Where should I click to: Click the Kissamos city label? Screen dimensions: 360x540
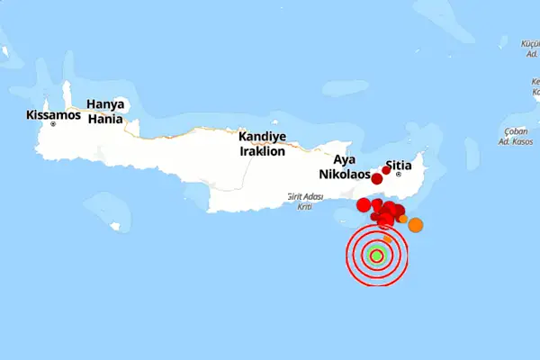pyautogui.click(x=54, y=115)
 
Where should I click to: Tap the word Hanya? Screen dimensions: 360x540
pyautogui.click(x=105, y=103)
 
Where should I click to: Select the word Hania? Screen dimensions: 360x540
pyautogui.click(x=105, y=118)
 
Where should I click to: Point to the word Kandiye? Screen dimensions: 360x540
pyautogui.click(x=262, y=137)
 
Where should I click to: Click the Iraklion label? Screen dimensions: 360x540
pyautogui.click(x=262, y=151)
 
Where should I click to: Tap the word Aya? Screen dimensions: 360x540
pyautogui.click(x=345, y=159)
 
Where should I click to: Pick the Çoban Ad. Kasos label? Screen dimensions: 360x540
pyautogui.click(x=516, y=137)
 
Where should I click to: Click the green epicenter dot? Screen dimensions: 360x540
pyautogui.click(x=377, y=256)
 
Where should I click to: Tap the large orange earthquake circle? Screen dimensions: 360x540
pyautogui.click(x=416, y=225)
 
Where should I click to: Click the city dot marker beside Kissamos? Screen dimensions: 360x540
pyautogui.click(x=54, y=125)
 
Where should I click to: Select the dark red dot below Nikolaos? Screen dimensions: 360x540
pyautogui.click(x=377, y=179)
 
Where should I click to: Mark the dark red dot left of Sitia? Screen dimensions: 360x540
pyautogui.click(x=386, y=169)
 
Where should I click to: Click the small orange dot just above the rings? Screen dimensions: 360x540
pyautogui.click(x=387, y=238)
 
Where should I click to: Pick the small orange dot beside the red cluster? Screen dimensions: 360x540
pyautogui.click(x=403, y=219)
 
